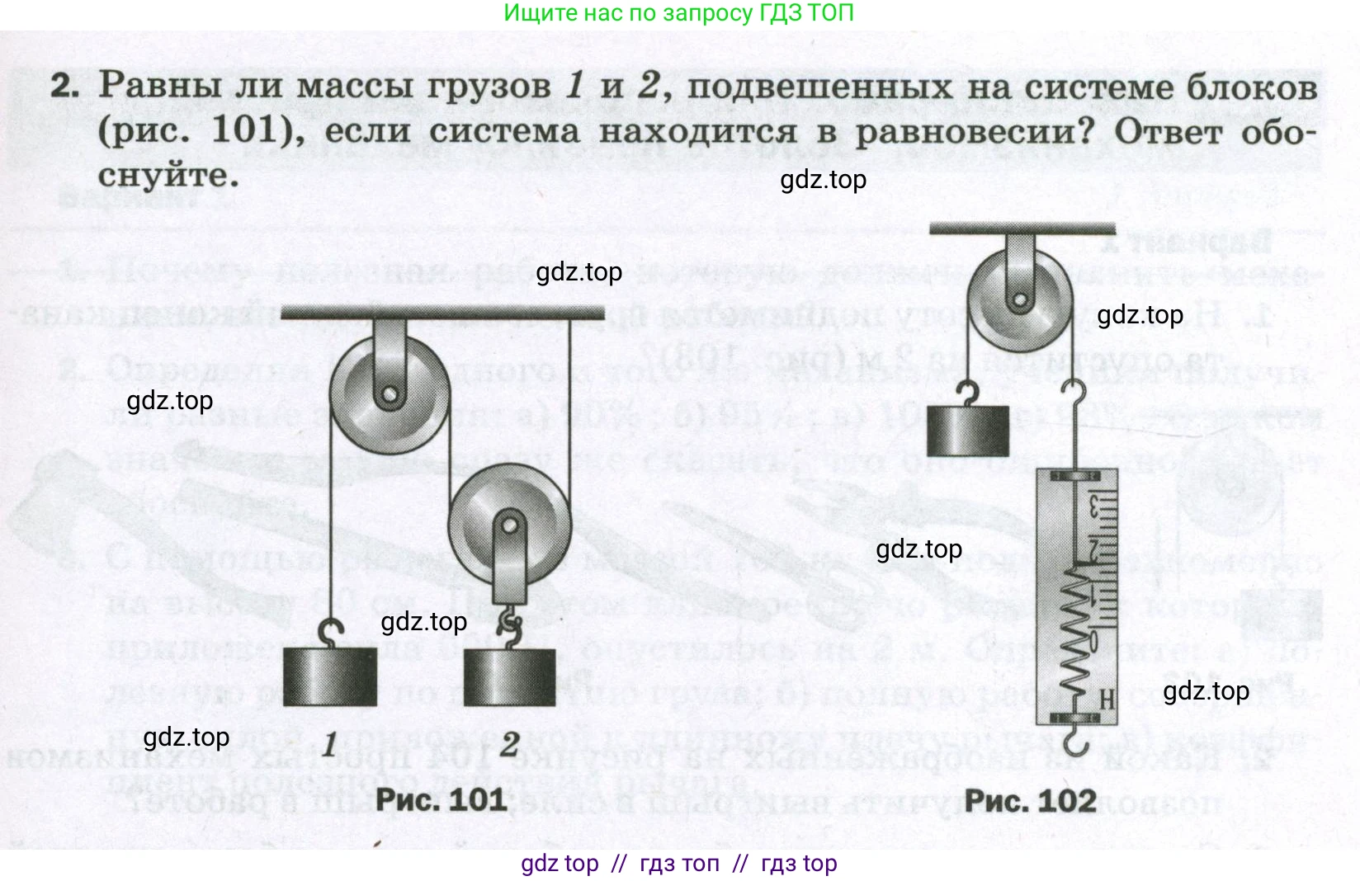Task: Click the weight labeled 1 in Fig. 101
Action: [330, 676]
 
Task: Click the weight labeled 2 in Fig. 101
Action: [509, 676]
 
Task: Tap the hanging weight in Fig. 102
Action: [967, 431]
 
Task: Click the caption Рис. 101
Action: [441, 799]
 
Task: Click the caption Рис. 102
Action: [1030, 799]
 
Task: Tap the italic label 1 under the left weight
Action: [329, 745]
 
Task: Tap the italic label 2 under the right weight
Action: [509, 745]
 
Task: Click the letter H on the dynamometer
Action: [1107, 700]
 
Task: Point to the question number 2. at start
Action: [65, 87]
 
